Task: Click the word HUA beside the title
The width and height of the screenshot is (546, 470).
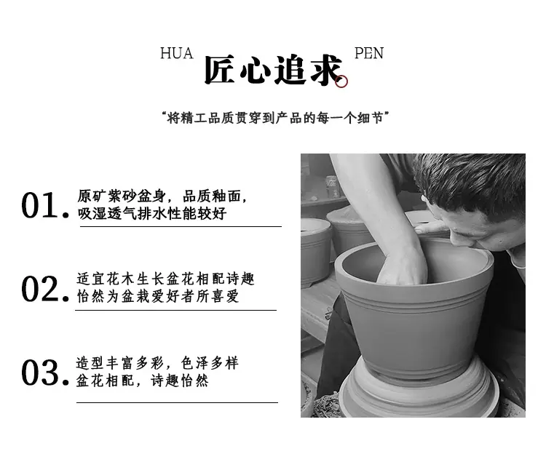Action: point(177,53)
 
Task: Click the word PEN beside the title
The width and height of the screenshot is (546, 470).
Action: point(369,53)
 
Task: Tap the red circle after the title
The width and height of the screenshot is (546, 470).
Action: point(341,81)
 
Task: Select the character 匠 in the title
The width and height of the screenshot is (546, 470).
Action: point(219,70)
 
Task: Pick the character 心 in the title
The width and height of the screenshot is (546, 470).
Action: point(255,71)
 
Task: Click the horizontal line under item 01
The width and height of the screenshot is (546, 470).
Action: point(181,226)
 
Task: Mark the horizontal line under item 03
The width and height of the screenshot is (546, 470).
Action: point(177,402)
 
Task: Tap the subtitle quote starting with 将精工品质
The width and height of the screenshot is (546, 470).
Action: point(275,118)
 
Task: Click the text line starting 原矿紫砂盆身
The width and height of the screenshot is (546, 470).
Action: point(162,196)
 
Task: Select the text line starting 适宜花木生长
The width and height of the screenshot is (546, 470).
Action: point(166,279)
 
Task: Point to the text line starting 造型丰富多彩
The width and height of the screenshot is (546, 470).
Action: point(157,363)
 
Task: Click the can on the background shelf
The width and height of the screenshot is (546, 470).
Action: point(332,186)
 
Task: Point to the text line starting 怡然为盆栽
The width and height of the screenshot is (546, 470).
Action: point(158,296)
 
